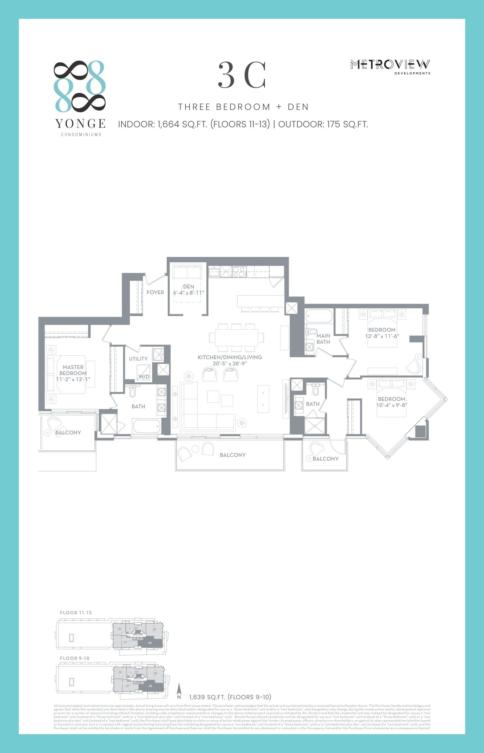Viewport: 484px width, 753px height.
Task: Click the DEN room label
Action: pyautogui.click(x=188, y=286)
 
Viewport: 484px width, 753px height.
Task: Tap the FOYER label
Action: pyautogui.click(x=155, y=292)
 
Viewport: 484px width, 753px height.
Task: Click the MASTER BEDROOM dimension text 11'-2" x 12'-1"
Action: pyautogui.click(x=73, y=379)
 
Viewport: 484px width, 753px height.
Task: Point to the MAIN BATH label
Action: pyautogui.click(x=323, y=339)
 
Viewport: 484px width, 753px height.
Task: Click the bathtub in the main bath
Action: pyautogui.click(x=319, y=316)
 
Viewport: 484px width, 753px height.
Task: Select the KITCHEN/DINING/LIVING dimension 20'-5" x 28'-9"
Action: pyautogui.click(x=230, y=364)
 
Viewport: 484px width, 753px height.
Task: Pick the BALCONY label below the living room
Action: pyautogui.click(x=233, y=455)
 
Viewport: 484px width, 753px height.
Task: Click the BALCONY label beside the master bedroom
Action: pyautogui.click(x=68, y=433)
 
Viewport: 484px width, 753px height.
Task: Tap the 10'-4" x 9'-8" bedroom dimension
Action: pyautogui.click(x=392, y=405)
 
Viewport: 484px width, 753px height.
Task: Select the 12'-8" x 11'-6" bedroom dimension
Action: pyautogui.click(x=382, y=336)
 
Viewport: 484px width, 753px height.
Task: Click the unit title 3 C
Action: pyautogui.click(x=242, y=76)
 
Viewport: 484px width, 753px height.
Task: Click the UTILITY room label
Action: pyautogui.click(x=138, y=359)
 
